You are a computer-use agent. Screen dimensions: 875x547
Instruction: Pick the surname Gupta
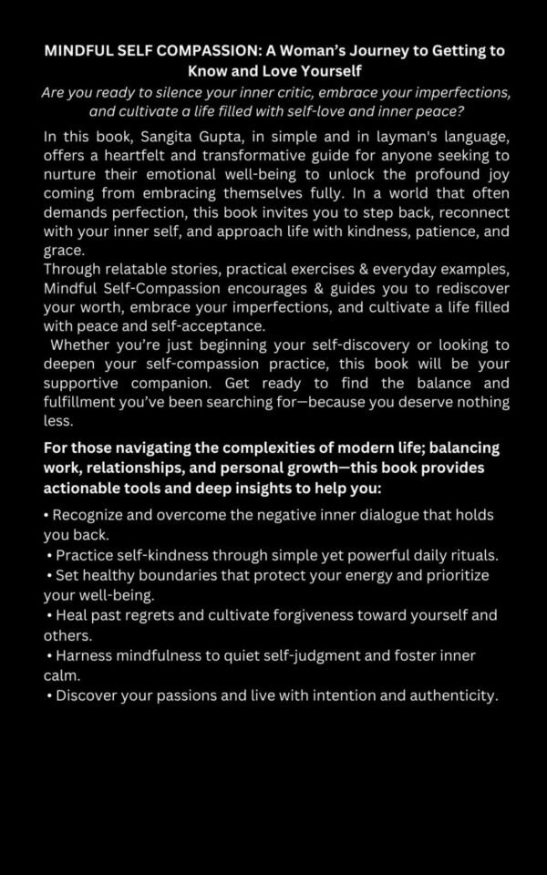(240, 138)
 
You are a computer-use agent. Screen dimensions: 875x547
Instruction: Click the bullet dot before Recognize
(46, 516)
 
